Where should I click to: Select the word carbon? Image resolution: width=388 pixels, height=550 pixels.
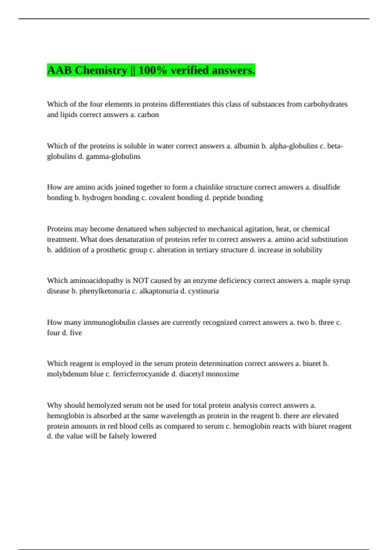(x=148, y=115)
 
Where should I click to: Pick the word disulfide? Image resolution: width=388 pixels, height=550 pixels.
(x=326, y=187)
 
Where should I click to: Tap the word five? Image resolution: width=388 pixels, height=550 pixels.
(x=76, y=333)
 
